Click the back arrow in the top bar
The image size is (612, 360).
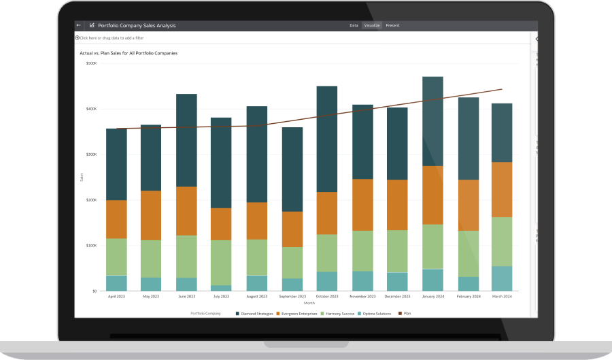coord(78,25)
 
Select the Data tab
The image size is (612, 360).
coord(354,25)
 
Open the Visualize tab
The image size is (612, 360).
coord(372,25)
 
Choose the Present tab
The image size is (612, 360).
coord(392,25)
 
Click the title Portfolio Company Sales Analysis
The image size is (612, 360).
coord(137,25)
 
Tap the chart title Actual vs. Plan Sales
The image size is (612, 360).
coord(129,52)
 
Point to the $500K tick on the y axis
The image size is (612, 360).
coord(91,63)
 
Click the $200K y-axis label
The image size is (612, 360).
coord(91,200)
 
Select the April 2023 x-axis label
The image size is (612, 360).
coord(116,297)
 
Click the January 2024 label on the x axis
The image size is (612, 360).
coord(432,297)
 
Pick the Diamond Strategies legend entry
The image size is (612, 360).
coord(254,313)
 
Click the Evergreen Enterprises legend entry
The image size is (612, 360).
coord(298,313)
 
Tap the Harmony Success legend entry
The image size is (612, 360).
coord(337,313)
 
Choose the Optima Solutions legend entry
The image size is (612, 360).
coord(376,313)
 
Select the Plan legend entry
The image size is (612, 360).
coord(406,313)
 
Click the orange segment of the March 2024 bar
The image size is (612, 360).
coord(502,189)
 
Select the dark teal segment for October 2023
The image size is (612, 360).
coord(327,139)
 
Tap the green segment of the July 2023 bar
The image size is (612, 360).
coord(221,262)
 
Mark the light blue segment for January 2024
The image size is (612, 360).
coord(432,280)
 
